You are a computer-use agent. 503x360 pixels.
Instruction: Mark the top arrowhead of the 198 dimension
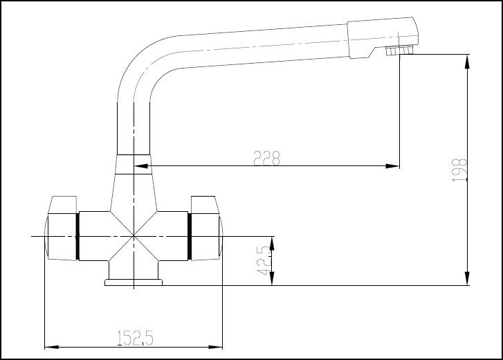[x=470, y=62]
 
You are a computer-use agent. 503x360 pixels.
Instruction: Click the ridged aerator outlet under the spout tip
[x=396, y=51]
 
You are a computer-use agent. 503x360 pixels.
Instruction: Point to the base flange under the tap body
[x=133, y=281]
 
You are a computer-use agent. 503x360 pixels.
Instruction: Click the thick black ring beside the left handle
[x=77, y=236]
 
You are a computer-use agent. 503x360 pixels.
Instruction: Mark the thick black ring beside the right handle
[x=189, y=236]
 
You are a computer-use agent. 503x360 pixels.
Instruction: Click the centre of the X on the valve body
[x=133, y=237]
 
